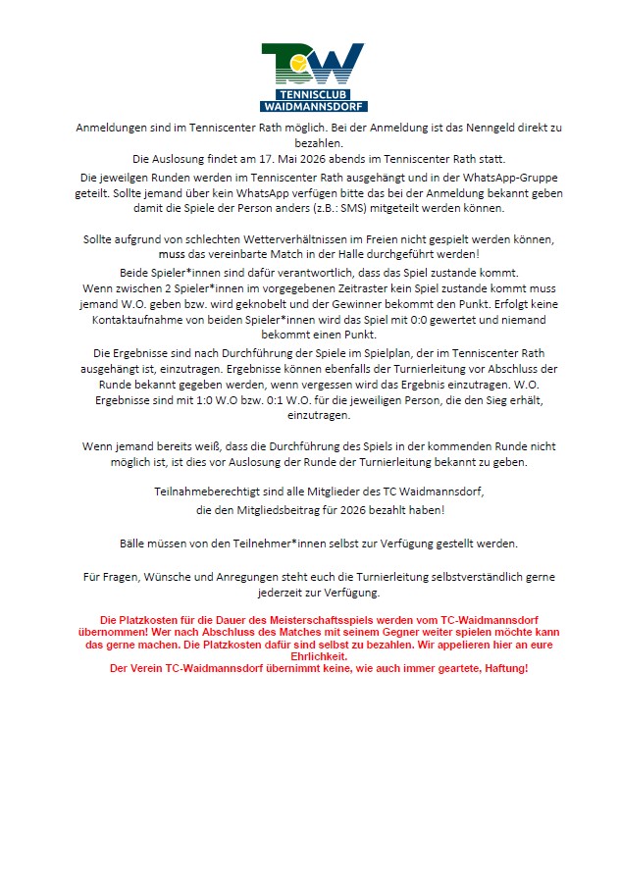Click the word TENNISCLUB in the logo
[x=314, y=93]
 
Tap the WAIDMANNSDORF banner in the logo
[x=314, y=105]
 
